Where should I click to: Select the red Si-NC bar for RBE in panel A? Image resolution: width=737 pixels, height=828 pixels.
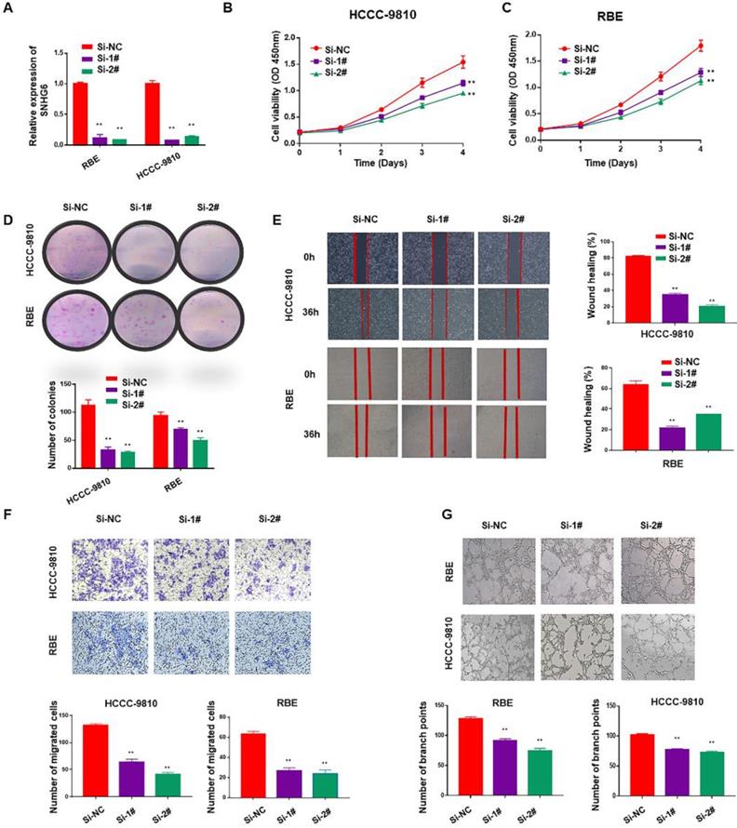(x=80, y=114)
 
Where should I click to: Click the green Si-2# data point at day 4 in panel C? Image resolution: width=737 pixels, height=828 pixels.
(x=700, y=80)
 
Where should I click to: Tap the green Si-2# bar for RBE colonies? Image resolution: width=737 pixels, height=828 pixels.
(x=200, y=451)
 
